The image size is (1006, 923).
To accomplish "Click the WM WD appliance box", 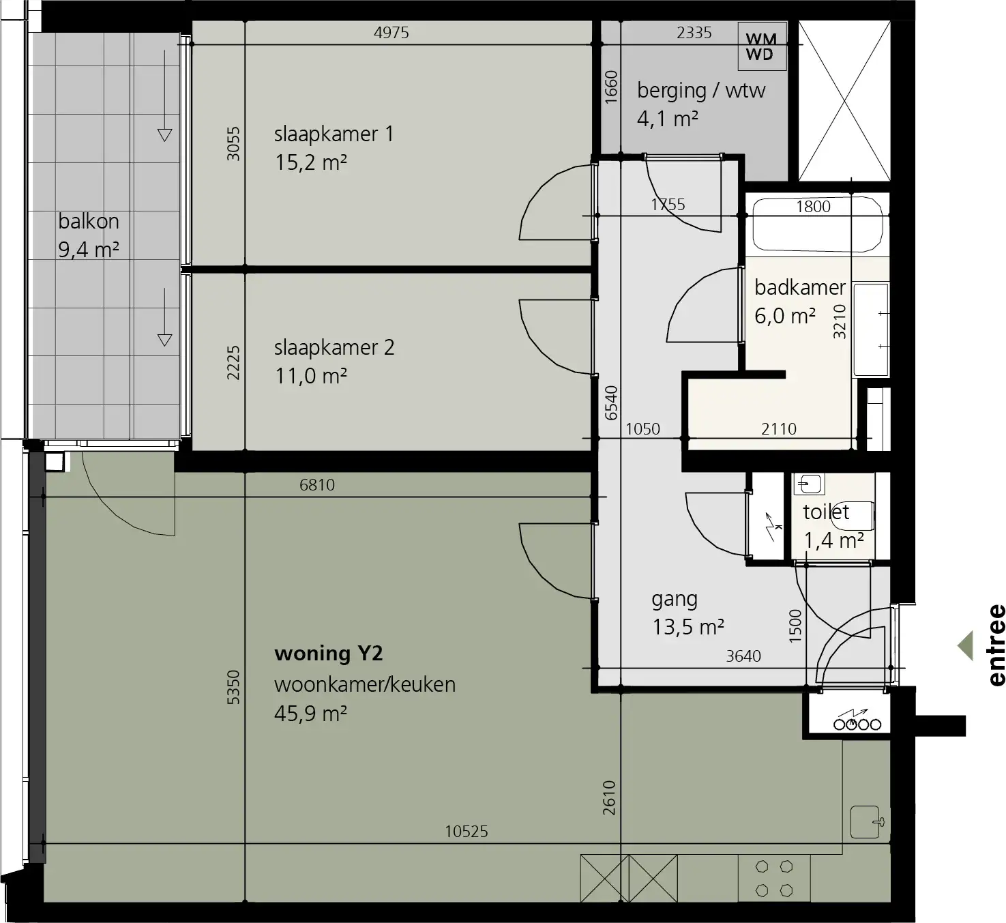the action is click(762, 46).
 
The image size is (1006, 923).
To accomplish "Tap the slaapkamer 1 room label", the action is click(334, 134).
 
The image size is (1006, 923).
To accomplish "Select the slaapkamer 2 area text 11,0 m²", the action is click(311, 376).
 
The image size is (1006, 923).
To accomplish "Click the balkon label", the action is click(89, 221).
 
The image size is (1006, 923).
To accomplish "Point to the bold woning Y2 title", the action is click(329, 653).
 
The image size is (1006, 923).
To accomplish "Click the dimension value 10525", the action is click(467, 831).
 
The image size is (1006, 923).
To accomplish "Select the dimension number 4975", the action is click(391, 33).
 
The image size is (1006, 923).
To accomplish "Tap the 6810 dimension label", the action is click(317, 484).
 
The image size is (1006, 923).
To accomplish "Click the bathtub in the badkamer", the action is click(818, 224).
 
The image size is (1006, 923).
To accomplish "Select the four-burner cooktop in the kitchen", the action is click(774, 879).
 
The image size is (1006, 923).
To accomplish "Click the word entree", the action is click(996, 645).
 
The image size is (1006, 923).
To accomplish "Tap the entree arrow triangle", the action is click(965, 645).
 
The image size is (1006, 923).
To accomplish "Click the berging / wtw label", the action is click(701, 91).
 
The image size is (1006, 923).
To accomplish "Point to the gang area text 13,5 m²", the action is click(688, 626).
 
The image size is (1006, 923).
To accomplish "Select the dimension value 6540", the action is click(611, 402).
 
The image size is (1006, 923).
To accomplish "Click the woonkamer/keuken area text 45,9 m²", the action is click(311, 713).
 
